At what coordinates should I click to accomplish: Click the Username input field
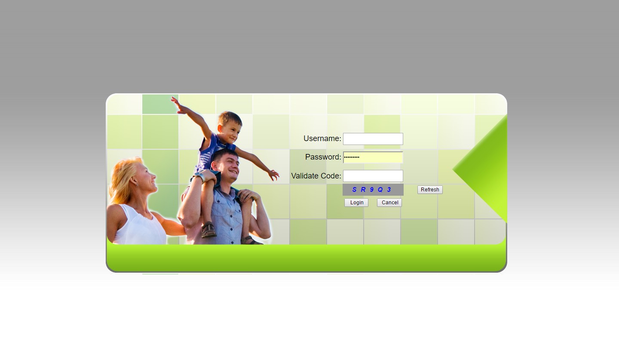coord(373,139)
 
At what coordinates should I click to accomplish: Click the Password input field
coord(373,157)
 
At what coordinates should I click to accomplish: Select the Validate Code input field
coord(373,176)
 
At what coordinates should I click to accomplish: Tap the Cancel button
coord(389,203)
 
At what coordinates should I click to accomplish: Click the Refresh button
coord(430,190)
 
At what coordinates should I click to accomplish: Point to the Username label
coord(322,138)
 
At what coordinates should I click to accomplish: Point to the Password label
coord(323,157)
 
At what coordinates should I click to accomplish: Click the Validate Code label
coord(316,176)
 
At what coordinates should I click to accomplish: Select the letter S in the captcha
coord(354,190)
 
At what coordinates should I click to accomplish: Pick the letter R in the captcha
coord(363,190)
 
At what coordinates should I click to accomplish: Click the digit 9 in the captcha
coord(372,190)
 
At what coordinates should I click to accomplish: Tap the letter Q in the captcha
coord(380,190)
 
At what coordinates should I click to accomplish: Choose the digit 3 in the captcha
coord(389,190)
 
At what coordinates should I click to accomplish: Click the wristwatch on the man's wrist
coord(199,177)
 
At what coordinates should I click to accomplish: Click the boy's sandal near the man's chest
coord(208,230)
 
